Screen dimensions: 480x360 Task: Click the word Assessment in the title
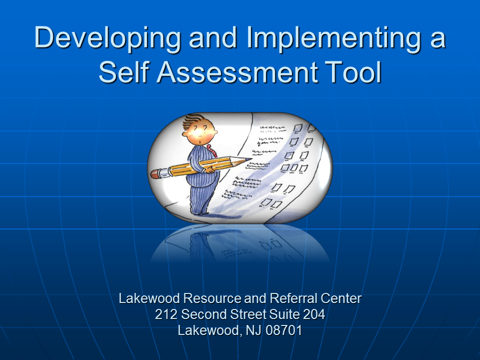pyautogui.click(x=237, y=71)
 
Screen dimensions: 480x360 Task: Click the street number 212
pyautogui.click(x=166, y=314)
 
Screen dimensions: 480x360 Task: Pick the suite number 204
pyautogui.click(x=314, y=314)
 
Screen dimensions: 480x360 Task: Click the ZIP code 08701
pyautogui.click(x=284, y=330)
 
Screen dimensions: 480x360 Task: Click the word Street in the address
pyautogui.click(x=248, y=314)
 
